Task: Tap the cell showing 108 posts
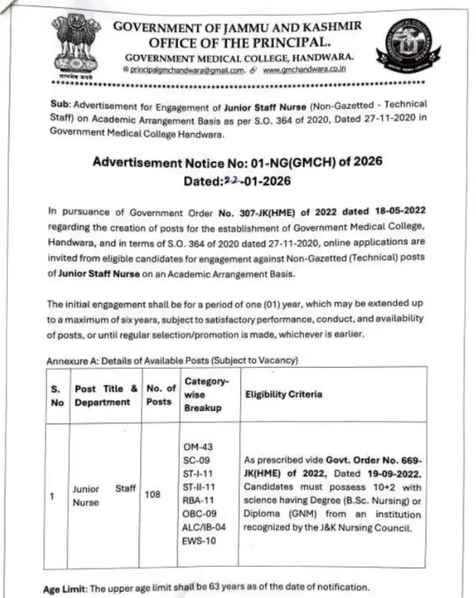pos(152,496)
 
